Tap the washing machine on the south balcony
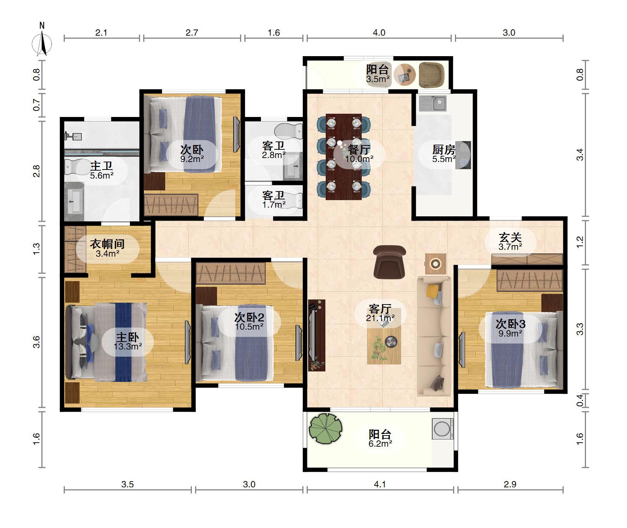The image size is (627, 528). (x=442, y=429)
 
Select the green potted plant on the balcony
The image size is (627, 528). (x=325, y=428)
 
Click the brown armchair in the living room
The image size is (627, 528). (x=389, y=262)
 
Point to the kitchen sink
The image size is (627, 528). (x=433, y=103)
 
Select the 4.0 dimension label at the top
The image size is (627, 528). (x=379, y=33)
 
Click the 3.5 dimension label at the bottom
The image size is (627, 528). (x=127, y=484)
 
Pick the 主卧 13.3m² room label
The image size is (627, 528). (x=128, y=341)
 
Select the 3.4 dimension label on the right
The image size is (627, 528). (x=579, y=155)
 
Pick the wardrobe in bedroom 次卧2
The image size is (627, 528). (x=231, y=273)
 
